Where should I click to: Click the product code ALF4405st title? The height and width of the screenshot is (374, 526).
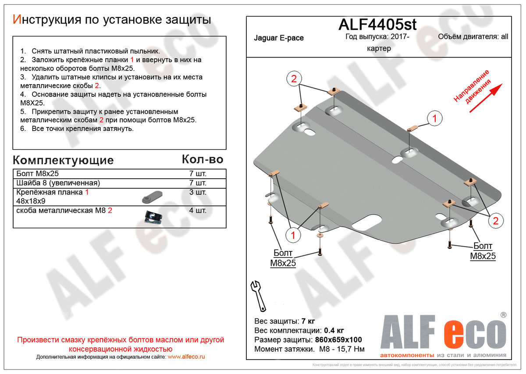(x=377, y=25)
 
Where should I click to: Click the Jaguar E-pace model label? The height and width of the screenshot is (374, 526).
(x=278, y=38)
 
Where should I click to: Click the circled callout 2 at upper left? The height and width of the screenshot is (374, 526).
(x=294, y=79)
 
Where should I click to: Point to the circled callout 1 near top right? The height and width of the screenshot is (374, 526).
(x=434, y=118)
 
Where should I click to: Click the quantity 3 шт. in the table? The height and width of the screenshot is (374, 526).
(x=197, y=192)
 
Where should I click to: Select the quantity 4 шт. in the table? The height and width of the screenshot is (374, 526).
(x=197, y=211)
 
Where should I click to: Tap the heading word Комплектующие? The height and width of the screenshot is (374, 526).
(x=63, y=160)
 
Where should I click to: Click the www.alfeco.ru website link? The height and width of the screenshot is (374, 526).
(x=186, y=357)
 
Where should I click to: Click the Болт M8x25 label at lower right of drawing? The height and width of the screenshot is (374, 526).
(x=483, y=251)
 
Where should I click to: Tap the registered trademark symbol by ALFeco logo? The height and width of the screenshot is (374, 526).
(x=503, y=314)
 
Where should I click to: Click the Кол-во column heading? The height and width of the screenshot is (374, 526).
(x=203, y=159)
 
